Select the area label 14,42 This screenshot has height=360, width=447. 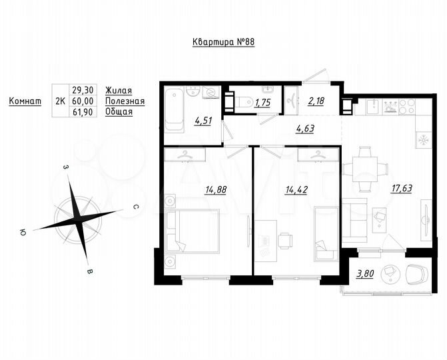point(296,189)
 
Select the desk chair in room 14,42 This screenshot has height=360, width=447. point(286,241)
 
